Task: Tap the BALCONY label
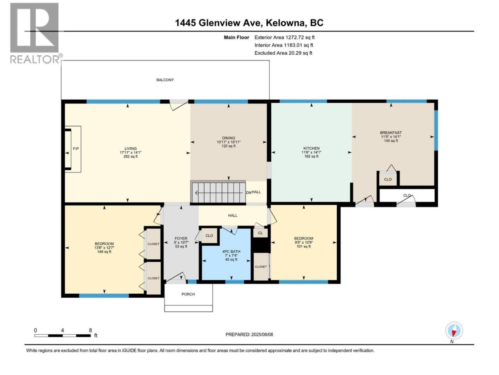[165, 80]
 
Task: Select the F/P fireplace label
[76, 149]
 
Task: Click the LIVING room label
[131, 148]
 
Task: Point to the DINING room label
[228, 138]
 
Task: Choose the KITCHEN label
[311, 148]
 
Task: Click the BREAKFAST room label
[391, 132]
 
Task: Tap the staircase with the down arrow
[218, 192]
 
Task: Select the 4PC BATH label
[231, 252]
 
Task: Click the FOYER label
[181, 238]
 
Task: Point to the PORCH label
[188, 294]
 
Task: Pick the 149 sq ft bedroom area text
[104, 252]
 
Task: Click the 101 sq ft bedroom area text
[303, 246]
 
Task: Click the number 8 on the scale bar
[90, 330]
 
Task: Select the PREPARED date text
[249, 334]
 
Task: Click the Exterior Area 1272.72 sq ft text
[285, 37]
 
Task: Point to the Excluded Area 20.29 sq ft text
[283, 53]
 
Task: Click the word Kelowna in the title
[285, 23]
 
